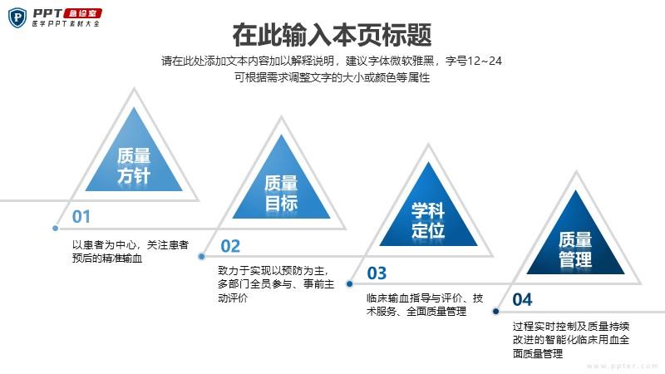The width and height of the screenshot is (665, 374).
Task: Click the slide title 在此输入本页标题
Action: coord(332,35)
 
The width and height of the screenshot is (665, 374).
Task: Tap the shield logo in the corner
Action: coord(17,17)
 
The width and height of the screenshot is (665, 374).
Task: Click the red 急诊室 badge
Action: coord(82,13)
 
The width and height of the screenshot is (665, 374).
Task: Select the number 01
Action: coord(81,217)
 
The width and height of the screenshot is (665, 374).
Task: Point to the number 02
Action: coord(230,246)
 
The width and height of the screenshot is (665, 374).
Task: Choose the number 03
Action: coord(377,273)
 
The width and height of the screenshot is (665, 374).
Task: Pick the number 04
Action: coord(522,300)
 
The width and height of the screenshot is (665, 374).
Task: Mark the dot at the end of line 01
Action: coord(55,228)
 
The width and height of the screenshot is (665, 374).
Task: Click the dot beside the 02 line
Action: coord(201,256)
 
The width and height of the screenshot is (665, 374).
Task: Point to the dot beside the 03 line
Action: coord(349,283)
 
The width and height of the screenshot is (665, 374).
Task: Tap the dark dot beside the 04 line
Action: coord(495,311)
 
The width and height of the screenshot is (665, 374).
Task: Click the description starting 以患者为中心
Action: coord(131,252)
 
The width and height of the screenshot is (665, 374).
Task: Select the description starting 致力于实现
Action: coord(276,284)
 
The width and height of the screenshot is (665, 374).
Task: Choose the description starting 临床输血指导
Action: coord(425,304)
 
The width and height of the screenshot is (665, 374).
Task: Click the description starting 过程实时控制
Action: coord(571,340)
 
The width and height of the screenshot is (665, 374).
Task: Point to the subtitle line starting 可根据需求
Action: coord(332,77)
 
